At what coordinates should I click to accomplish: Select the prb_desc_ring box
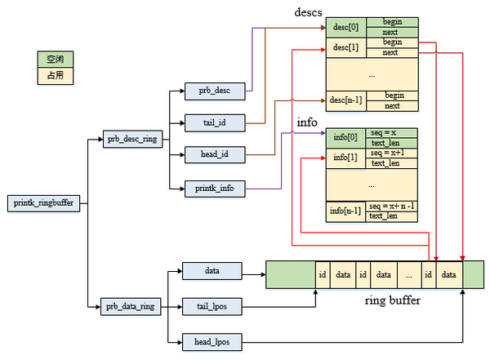(132, 139)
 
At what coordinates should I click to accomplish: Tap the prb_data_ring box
(132, 307)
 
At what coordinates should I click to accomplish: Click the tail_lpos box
(212, 307)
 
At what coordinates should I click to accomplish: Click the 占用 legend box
(56, 76)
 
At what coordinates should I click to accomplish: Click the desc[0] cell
(346, 27)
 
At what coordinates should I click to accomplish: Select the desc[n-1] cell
(346, 100)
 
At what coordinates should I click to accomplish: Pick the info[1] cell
(346, 158)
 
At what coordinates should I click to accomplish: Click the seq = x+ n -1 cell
(392, 206)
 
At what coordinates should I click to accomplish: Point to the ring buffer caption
(392, 300)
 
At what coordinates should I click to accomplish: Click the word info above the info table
(306, 122)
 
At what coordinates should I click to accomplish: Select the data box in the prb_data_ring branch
(212, 269)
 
